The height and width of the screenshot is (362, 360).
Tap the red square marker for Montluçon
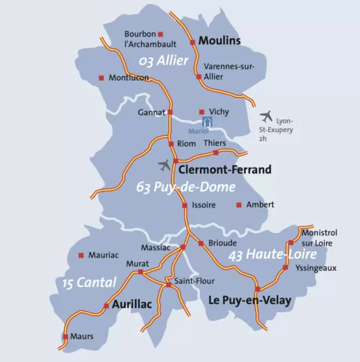[101, 77]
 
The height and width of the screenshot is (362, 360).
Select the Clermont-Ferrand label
[226, 170]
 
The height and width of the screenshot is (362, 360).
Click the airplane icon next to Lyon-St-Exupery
[265, 116]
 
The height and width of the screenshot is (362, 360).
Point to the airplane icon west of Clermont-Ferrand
[165, 164]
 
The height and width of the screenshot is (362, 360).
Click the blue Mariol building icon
[207, 120]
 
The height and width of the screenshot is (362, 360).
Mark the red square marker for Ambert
[239, 204]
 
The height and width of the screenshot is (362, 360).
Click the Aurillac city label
[132, 304]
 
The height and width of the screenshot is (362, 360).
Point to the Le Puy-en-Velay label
[249, 300]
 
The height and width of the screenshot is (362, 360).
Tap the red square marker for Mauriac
[80, 255]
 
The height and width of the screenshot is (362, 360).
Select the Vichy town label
[219, 111]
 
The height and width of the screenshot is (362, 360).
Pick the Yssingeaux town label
[316, 267]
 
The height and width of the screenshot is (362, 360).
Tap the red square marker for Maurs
[65, 336]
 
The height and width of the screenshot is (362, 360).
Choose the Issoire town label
[204, 205]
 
